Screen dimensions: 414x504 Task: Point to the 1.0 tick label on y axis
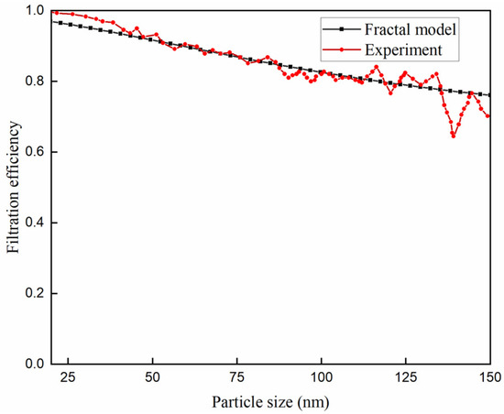click(x=32, y=11)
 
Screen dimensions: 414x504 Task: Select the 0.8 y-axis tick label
click(x=32, y=82)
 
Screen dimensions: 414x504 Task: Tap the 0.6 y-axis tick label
click(x=32, y=152)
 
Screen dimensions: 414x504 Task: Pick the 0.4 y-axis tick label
click(x=32, y=223)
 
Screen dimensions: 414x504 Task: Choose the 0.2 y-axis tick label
click(x=32, y=293)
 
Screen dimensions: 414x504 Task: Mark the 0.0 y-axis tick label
click(x=32, y=364)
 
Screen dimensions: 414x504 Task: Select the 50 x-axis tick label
click(x=153, y=378)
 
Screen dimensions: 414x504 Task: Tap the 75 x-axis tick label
click(x=237, y=378)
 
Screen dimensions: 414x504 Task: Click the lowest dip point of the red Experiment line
click(x=453, y=136)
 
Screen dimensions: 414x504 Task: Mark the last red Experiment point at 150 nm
click(x=489, y=115)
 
